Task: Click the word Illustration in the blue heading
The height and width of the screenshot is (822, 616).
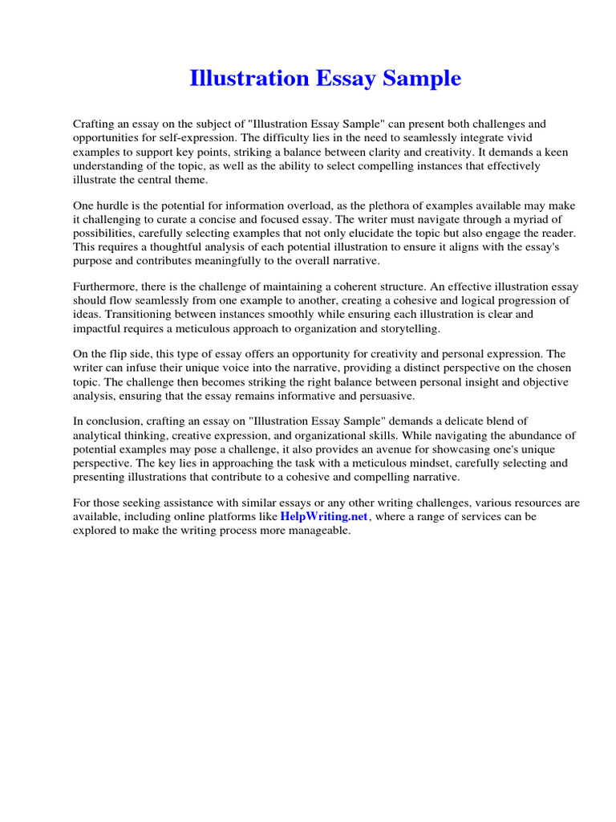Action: tap(248, 79)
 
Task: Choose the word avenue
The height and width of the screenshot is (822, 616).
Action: tap(383, 449)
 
